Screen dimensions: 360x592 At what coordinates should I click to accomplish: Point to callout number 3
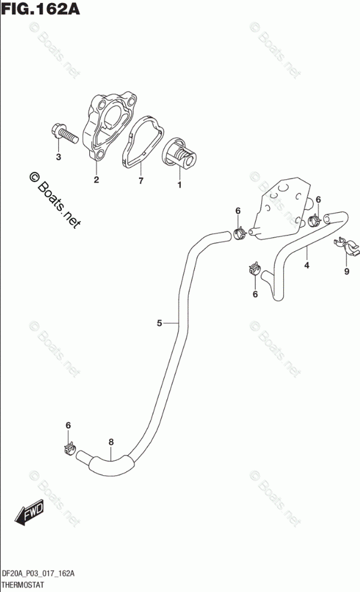[x=58, y=158]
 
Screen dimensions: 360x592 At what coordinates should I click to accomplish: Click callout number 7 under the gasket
[x=140, y=180]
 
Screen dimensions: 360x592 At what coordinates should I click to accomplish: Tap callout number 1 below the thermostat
[x=179, y=185]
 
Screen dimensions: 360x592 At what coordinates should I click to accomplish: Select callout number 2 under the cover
[x=96, y=180]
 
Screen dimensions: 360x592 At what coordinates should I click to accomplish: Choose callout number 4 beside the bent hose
[x=306, y=265]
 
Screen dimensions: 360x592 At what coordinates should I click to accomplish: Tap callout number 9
[x=346, y=272]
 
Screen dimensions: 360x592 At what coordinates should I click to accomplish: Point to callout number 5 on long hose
[x=160, y=324]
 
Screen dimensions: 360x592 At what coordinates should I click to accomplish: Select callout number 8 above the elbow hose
[x=111, y=442]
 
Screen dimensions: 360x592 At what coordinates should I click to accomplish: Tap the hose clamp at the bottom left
[x=69, y=448]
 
